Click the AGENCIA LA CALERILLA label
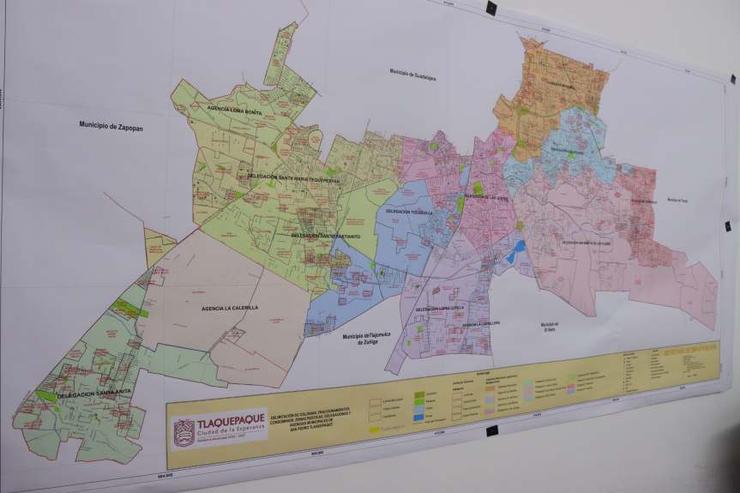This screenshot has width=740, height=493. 229,308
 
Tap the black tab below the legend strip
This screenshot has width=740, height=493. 491,431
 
